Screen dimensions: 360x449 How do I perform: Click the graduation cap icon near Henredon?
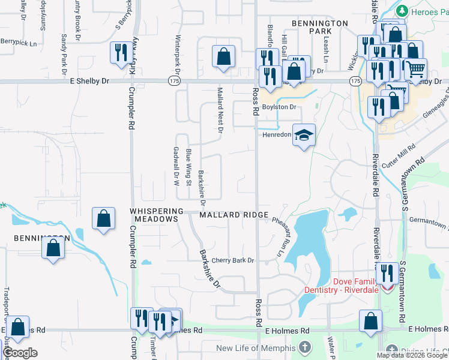pos(304,134)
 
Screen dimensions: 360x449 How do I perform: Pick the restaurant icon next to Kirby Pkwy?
pos(121,53)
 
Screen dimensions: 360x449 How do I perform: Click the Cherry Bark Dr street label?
pos(233,260)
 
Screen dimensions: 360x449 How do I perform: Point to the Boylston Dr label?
pos(280,107)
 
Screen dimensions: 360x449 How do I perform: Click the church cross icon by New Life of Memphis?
pos(305,347)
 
